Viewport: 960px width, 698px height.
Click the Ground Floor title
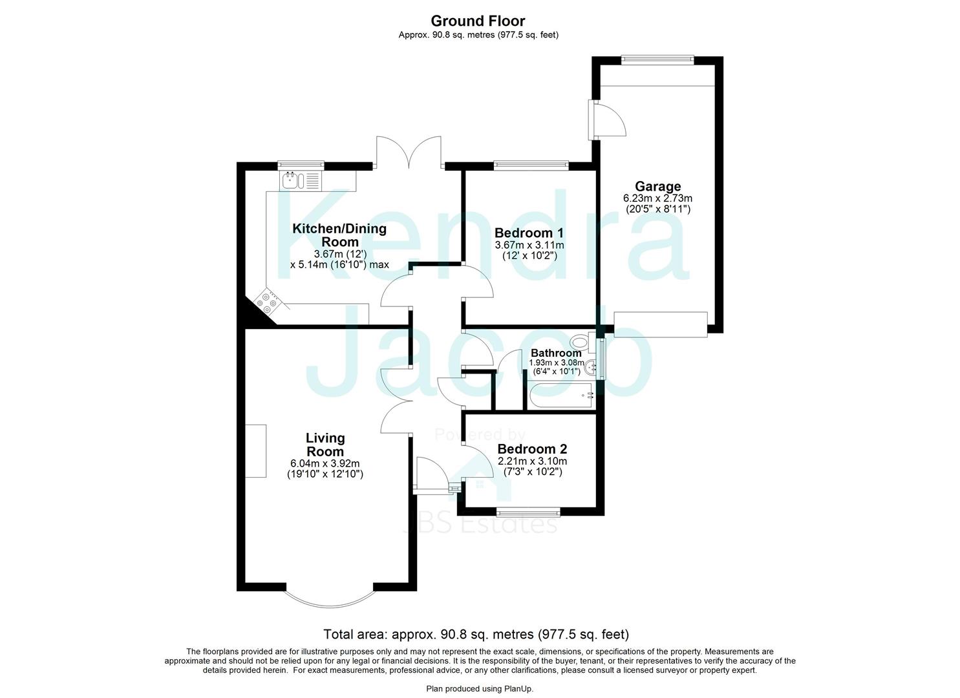[478, 21]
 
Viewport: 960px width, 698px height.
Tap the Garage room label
[657, 187]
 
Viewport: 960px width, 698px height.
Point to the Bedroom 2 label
[532, 449]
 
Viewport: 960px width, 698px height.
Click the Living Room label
[325, 445]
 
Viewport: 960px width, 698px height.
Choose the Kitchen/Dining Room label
[339, 235]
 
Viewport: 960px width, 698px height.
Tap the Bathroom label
[556, 353]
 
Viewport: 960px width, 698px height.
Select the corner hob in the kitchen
[268, 302]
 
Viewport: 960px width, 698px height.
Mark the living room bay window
[330, 598]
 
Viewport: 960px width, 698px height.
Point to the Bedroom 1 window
[531, 165]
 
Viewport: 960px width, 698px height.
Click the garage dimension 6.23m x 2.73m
[657, 198]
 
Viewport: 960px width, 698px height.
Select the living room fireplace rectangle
[255, 450]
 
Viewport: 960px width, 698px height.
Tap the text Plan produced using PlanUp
[480, 689]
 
